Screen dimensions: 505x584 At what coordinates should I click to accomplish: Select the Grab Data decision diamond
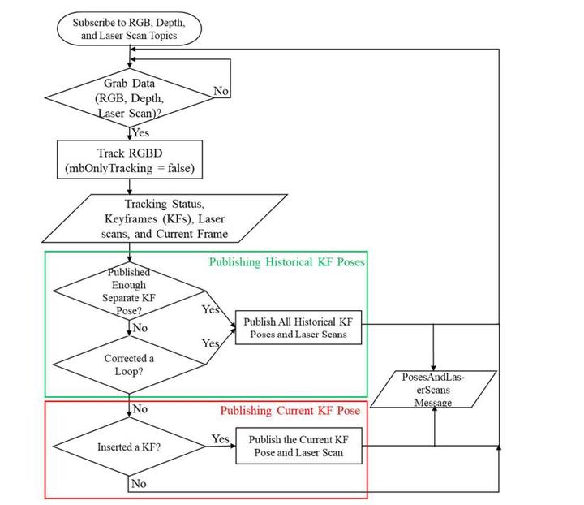[130, 96]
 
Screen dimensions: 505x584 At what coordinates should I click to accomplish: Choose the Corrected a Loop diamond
[130, 365]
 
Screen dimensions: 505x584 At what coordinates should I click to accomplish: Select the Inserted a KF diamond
[130, 446]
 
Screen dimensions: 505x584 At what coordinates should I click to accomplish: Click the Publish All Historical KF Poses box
[298, 328]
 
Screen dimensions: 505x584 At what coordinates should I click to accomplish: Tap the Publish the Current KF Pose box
[298, 446]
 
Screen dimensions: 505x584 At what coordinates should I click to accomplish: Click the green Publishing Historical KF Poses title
[287, 262]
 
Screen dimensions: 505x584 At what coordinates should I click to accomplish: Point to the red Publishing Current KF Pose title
[290, 411]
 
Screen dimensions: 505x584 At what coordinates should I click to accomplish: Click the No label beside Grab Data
[221, 92]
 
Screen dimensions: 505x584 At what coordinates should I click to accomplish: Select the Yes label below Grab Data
[140, 133]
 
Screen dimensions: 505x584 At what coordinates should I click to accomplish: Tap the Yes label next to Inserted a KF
[220, 439]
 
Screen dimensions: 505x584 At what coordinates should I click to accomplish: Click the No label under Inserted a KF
[139, 483]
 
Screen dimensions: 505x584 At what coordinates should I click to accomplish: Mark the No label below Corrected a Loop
[140, 409]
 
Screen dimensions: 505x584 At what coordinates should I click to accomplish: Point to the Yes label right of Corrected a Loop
[211, 344]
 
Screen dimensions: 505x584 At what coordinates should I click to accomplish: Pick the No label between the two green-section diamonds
[140, 329]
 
